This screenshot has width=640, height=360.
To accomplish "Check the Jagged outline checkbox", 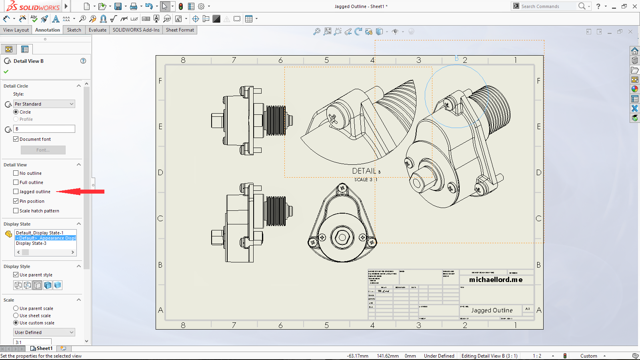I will (x=16, y=192).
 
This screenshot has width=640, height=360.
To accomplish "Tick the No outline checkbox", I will (x=16, y=173).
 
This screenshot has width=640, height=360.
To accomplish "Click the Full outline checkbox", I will (x=16, y=182).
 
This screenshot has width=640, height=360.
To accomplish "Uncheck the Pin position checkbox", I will (x=16, y=201).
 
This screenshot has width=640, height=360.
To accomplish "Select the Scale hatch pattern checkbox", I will (x=16, y=211).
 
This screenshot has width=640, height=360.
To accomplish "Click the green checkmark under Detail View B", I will (x=6, y=72).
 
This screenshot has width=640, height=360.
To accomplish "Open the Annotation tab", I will (x=47, y=30).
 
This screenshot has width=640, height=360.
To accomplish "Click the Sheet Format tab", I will (x=180, y=30).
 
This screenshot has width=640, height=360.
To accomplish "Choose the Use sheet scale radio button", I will (x=16, y=316).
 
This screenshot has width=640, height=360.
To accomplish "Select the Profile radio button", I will (x=16, y=119).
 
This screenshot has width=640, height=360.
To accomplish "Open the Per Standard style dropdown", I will (x=44, y=104).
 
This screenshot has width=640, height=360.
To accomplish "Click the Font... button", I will (x=43, y=150).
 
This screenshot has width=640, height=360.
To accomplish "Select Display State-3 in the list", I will (x=31, y=243).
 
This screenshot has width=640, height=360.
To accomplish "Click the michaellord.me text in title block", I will (x=496, y=280).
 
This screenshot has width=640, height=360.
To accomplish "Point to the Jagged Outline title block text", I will (x=492, y=310).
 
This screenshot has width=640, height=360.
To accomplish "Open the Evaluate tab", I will (x=97, y=30).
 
